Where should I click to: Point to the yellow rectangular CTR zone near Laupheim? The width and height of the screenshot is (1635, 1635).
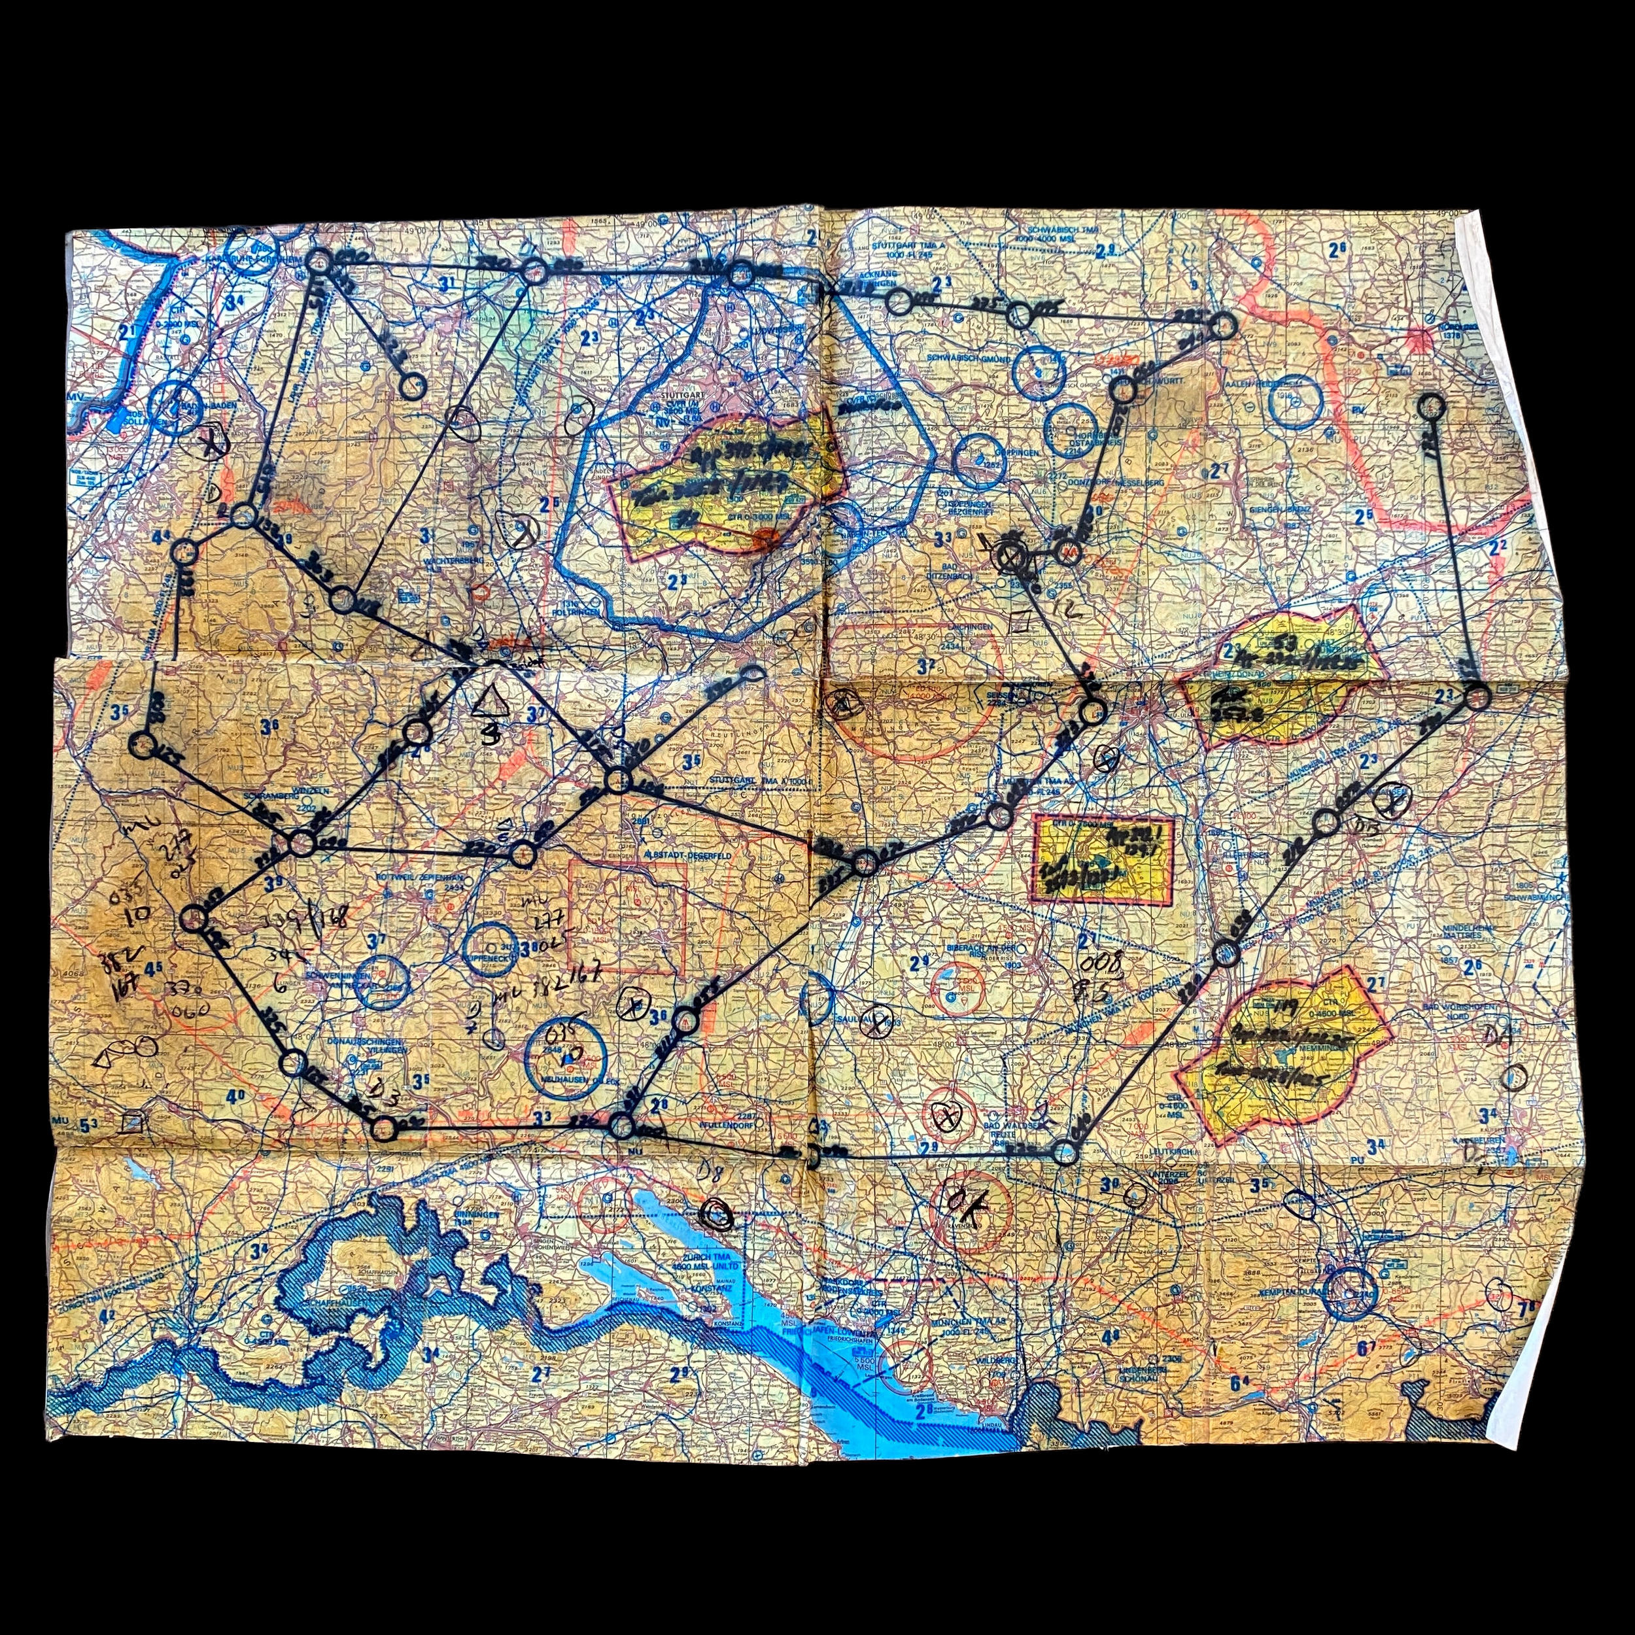1103,859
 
